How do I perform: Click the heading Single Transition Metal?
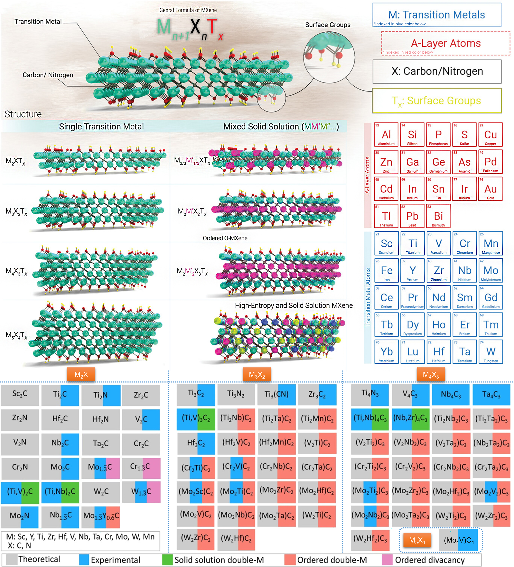pos(101,127)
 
